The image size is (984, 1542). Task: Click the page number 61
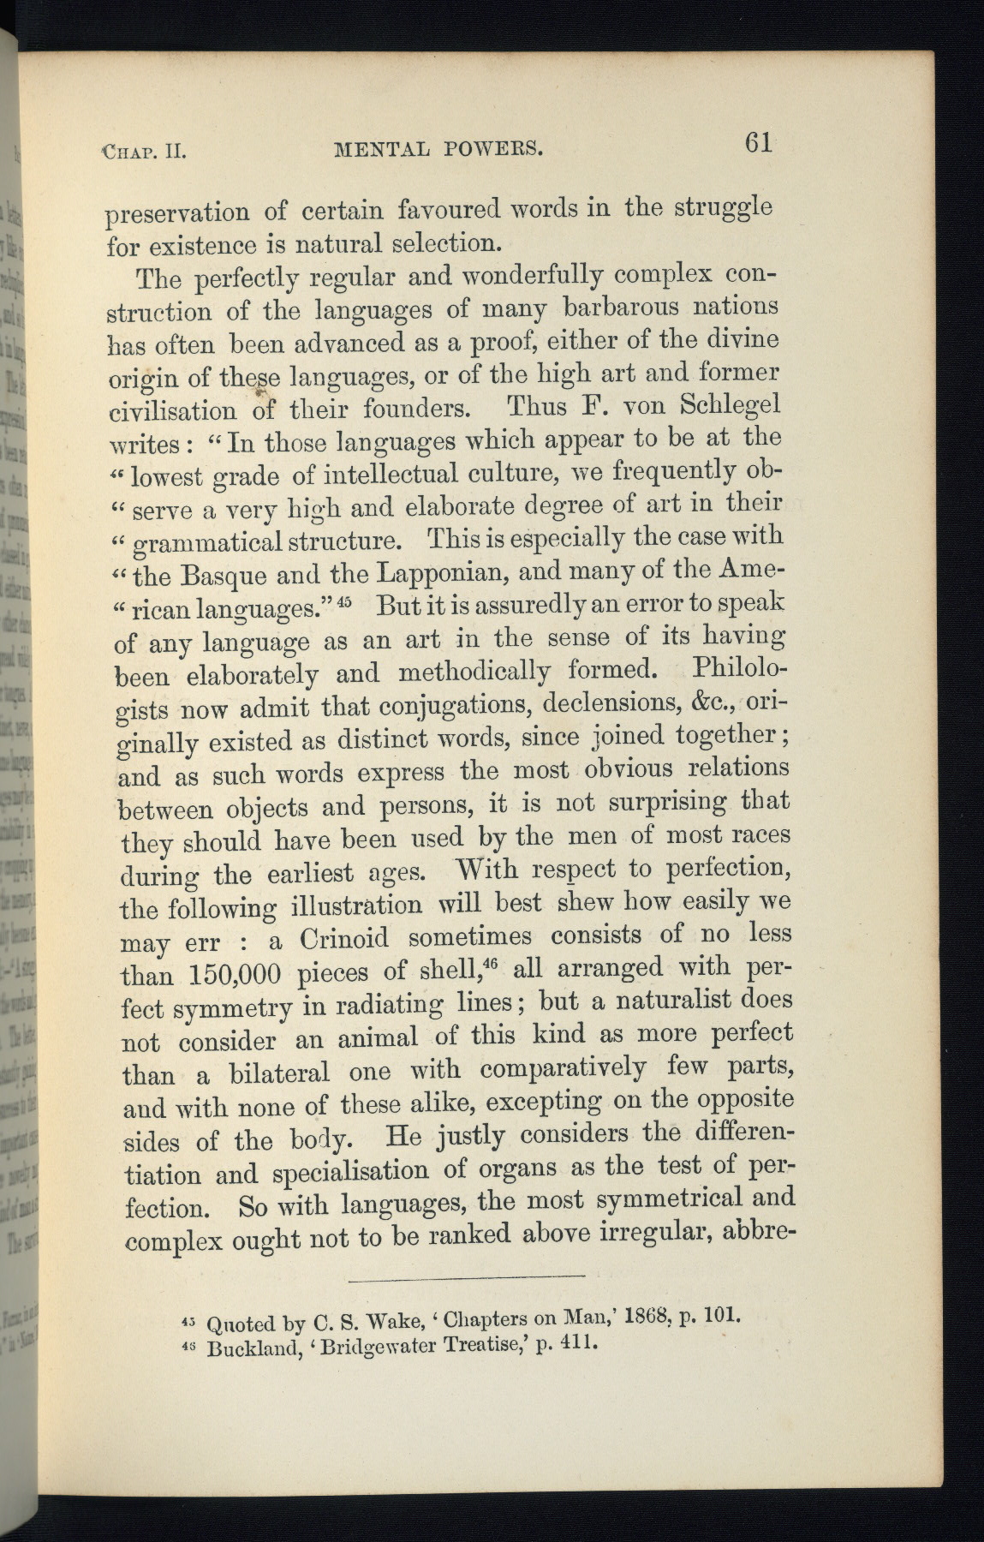pos(759,141)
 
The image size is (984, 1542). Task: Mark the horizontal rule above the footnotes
pos(467,1279)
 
